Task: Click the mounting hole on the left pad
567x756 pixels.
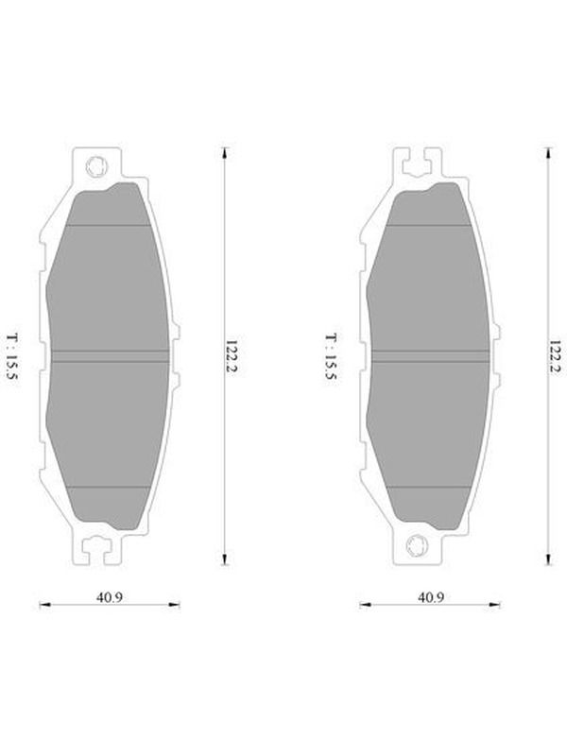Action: click(96, 167)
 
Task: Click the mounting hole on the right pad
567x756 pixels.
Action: click(417, 545)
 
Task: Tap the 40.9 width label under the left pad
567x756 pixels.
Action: click(110, 597)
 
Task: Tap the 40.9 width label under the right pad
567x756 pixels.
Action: click(431, 597)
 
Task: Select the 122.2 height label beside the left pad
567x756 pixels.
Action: click(232, 358)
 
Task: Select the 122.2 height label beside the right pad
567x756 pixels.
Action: click(556, 358)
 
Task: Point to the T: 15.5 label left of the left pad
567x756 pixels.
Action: click(11, 357)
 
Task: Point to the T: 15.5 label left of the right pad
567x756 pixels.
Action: click(331, 357)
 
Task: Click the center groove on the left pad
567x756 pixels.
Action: click(110, 356)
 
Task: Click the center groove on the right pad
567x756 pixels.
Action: click(430, 356)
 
